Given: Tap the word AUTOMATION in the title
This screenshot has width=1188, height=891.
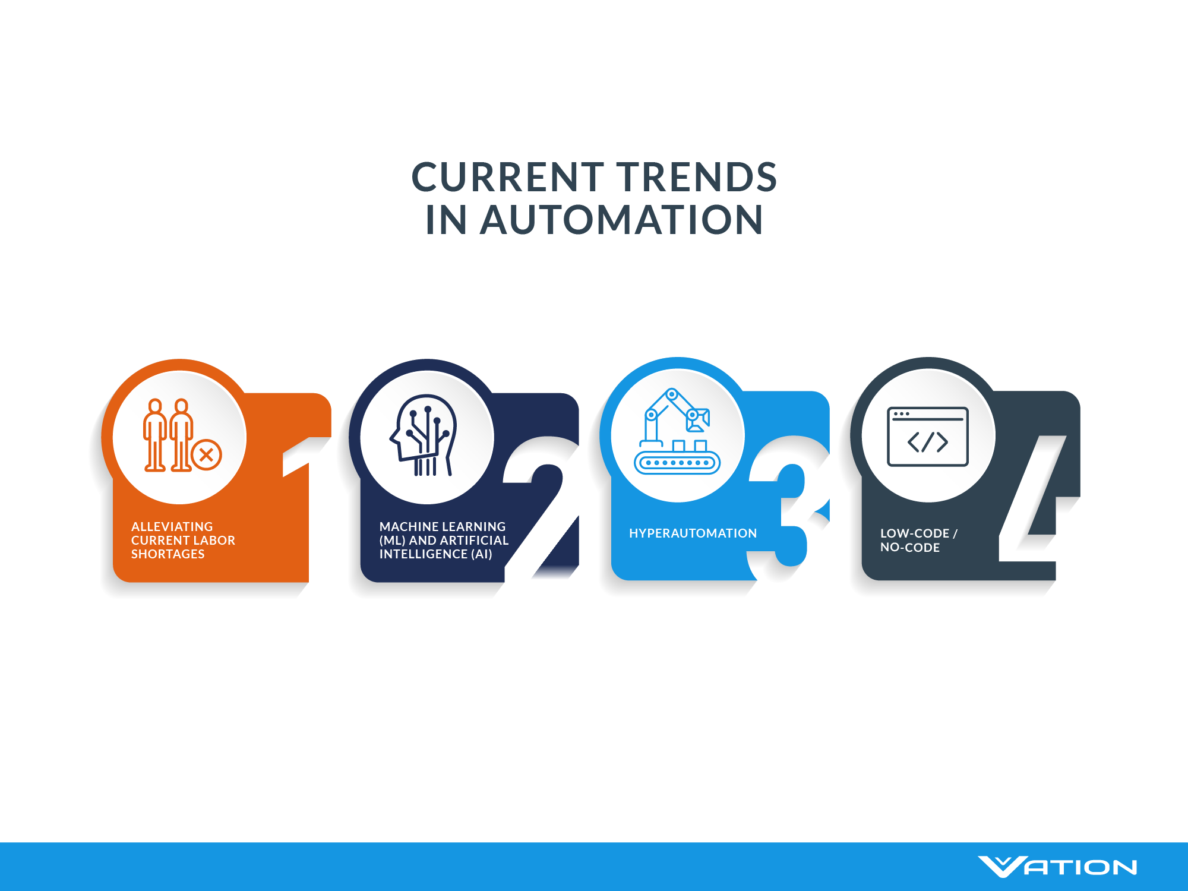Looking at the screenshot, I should [x=621, y=220].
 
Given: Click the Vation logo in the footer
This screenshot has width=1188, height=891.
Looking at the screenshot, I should [x=1057, y=867].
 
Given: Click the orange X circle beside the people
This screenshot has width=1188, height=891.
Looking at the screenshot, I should [x=207, y=456].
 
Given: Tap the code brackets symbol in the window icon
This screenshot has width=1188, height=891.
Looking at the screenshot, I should [x=927, y=442].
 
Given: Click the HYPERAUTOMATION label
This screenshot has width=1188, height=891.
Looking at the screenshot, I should [x=693, y=533].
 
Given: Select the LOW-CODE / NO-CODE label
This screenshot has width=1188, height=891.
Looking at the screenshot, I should [x=918, y=541].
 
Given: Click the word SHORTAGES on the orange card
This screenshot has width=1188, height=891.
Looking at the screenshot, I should [x=168, y=554].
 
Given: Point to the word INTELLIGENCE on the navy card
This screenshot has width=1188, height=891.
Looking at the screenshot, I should [x=423, y=554].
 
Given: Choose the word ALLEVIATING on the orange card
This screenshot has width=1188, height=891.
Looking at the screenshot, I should [x=172, y=527].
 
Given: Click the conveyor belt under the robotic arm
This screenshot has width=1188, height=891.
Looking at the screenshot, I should [x=677, y=462].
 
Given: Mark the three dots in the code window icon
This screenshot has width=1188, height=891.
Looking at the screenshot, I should [x=901, y=413].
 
